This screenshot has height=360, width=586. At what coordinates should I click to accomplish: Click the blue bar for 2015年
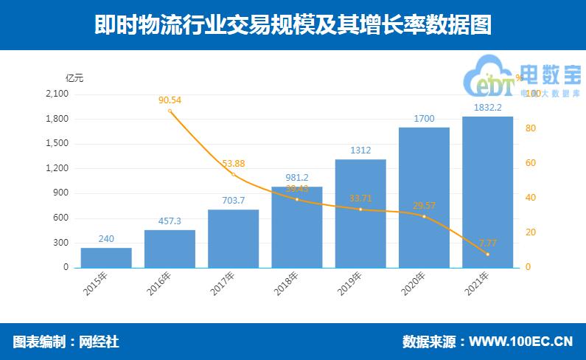(106, 257)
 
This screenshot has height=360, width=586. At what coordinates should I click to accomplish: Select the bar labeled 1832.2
(487, 192)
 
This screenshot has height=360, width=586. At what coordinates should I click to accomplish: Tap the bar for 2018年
(297, 227)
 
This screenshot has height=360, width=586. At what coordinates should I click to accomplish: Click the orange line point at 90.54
(170, 111)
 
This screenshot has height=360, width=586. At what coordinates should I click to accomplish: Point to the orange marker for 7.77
(487, 255)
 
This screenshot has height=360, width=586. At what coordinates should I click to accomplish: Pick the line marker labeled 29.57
(424, 216)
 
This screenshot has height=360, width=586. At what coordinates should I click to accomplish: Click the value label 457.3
(170, 221)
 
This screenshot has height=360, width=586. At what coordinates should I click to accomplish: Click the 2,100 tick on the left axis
(57, 94)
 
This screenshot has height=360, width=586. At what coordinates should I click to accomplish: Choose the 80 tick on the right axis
(528, 128)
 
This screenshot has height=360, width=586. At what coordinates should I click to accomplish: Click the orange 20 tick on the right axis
(528, 232)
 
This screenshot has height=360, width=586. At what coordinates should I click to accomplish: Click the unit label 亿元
(74, 77)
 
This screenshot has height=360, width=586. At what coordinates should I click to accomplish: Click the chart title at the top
(293, 26)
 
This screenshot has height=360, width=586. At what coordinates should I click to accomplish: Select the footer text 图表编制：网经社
(66, 342)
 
